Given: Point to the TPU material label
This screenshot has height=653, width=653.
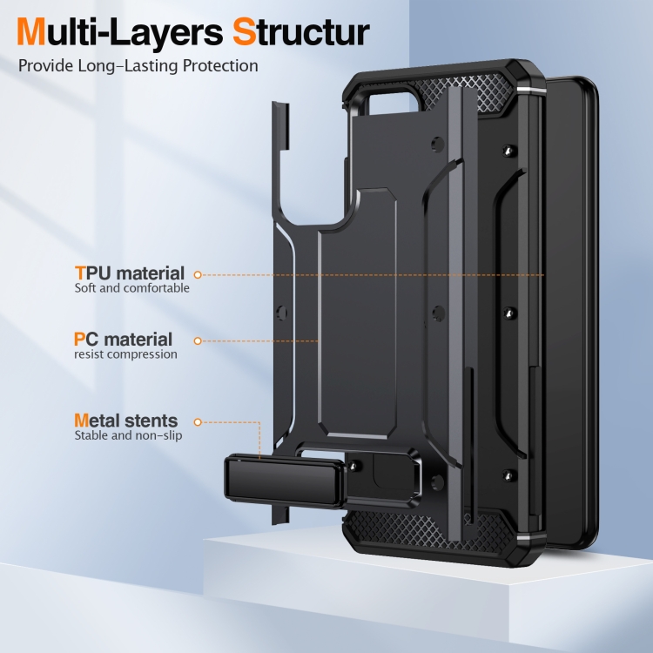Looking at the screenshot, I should [129, 273].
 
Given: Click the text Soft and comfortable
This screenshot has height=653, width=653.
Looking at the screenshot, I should [131, 288].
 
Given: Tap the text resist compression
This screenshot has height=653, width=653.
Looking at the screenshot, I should [125, 354].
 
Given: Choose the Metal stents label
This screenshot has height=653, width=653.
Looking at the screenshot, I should [125, 421].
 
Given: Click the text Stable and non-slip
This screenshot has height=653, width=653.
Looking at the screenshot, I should [128, 435].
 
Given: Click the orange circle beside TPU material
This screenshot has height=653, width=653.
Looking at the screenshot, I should [198, 274].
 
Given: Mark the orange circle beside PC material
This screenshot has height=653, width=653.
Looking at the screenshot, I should [198, 340].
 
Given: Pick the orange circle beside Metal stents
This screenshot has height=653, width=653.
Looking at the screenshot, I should [198, 421].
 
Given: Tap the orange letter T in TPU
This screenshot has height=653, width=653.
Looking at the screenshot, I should [79, 273].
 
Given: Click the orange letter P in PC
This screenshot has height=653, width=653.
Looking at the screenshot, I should [79, 340].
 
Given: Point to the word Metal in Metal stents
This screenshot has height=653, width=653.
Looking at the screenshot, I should [98, 421].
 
